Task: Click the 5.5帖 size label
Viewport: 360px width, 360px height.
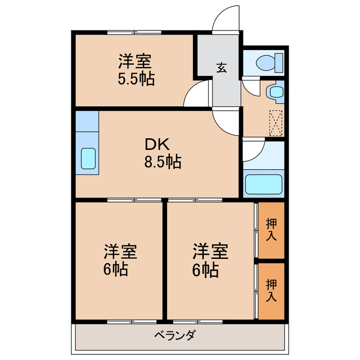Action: click(136, 78)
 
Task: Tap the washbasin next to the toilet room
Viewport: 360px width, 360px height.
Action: click(275, 92)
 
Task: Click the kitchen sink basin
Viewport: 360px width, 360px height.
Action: click(88, 159)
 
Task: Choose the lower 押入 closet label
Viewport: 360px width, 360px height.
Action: click(271, 290)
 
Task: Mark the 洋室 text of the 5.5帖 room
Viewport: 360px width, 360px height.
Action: click(136, 60)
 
